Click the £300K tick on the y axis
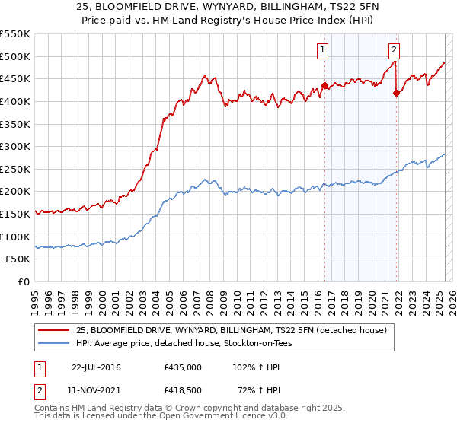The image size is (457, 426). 16,146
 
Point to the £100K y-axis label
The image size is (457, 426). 16,237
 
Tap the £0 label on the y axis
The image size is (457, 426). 24,281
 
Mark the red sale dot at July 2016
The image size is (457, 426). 325,85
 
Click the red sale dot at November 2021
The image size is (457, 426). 396,93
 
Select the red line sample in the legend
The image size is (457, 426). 54,330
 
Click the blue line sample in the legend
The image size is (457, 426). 54,343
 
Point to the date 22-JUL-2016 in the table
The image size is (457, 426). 96,367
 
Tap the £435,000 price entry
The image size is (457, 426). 183,367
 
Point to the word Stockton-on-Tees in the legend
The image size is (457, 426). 267,343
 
